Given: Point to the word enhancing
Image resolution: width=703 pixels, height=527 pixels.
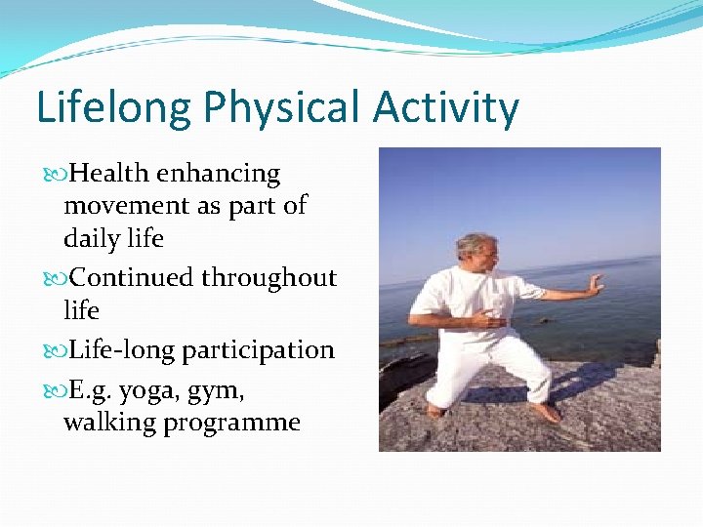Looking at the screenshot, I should (x=219, y=175).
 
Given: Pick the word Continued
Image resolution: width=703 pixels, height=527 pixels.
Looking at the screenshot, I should (x=133, y=278).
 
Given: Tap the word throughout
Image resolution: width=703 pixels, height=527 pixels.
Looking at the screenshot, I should (x=269, y=278).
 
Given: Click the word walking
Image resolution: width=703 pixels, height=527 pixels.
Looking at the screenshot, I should (x=109, y=423).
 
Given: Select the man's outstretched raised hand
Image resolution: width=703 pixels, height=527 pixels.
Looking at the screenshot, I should (x=593, y=285).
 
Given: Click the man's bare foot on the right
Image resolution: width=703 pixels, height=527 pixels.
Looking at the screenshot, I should (x=549, y=413).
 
